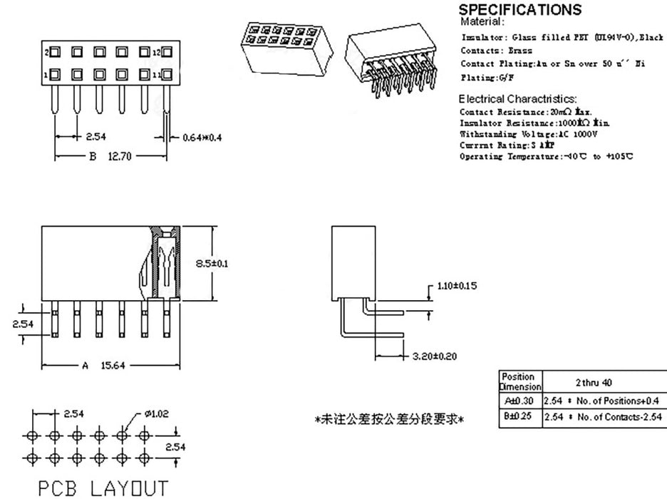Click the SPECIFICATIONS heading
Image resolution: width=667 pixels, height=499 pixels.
click(519, 10)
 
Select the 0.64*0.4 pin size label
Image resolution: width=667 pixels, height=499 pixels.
click(202, 137)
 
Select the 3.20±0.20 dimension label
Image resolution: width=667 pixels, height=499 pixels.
click(435, 356)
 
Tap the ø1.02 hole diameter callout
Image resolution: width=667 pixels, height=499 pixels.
click(157, 413)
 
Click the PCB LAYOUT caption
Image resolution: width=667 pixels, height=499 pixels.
click(103, 488)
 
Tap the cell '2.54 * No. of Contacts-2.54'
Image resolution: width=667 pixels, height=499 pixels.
click(604, 416)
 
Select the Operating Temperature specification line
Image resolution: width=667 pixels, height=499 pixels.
click(546, 156)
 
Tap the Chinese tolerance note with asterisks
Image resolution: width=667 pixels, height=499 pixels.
click(390, 419)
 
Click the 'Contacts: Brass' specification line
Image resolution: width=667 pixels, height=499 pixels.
click(487, 51)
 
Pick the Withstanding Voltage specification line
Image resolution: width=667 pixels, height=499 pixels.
click(528, 133)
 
